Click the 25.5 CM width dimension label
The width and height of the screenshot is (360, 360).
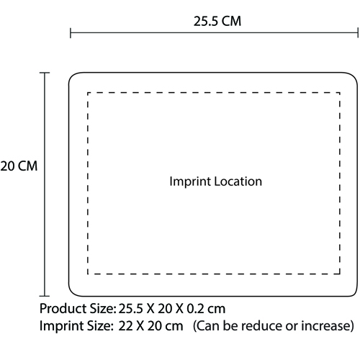(217, 21)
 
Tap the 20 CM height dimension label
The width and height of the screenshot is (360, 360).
(19, 166)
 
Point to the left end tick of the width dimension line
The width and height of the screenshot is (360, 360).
(71, 33)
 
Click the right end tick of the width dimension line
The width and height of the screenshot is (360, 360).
(358, 33)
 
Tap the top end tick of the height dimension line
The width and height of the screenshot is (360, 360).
(45, 73)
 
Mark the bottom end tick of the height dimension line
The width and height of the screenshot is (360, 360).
(45, 296)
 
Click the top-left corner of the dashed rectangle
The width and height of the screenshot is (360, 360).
(88, 93)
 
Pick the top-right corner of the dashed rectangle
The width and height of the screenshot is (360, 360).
(340, 93)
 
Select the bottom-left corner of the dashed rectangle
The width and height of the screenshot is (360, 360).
(88, 274)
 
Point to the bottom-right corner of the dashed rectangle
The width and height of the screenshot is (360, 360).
(340, 274)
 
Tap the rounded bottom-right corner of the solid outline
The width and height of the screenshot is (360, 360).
(354, 292)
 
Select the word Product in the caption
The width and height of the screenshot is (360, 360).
(63, 308)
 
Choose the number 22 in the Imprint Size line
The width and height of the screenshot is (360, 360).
(126, 326)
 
